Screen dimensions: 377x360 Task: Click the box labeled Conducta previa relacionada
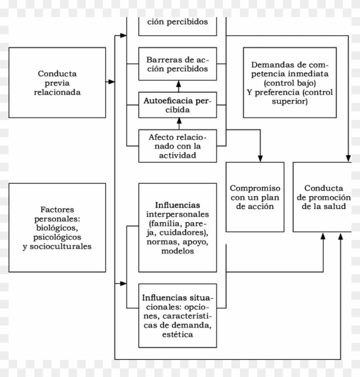(x=57, y=82)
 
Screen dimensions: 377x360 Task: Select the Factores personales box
(x=57, y=227)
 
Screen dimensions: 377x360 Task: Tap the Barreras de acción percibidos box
(x=177, y=64)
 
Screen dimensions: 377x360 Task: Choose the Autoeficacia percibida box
(x=177, y=105)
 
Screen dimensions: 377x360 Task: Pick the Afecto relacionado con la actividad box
(x=177, y=146)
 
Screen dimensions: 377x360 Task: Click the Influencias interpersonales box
(x=177, y=227)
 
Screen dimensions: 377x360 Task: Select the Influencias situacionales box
(x=177, y=315)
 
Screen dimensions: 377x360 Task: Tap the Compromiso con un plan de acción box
(x=255, y=197)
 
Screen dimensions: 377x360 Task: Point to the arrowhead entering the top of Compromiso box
(x=260, y=159)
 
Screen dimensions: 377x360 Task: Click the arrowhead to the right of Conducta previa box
(x=111, y=81)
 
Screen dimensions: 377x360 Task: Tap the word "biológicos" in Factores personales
(x=57, y=227)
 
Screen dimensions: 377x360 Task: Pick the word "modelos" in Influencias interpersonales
(x=177, y=251)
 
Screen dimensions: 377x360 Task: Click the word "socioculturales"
(x=57, y=246)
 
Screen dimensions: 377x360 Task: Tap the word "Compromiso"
(x=255, y=188)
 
